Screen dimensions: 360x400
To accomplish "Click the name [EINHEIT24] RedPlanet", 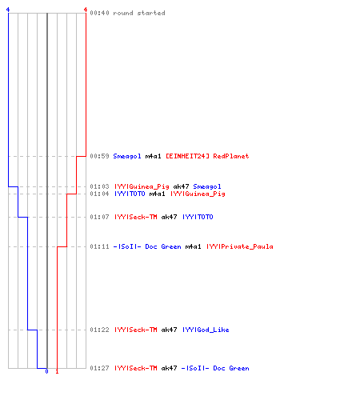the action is tap(207, 156).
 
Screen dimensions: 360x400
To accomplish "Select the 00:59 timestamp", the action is tap(99, 156).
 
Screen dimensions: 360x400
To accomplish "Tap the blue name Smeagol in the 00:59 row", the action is tap(127, 156).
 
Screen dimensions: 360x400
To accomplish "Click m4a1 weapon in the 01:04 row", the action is tap(157, 194).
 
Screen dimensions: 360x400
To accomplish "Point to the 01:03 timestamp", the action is tap(99, 186).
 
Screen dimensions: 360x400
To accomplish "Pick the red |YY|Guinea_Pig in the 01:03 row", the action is tap(142, 186).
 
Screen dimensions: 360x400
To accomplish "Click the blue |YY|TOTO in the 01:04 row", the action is tap(130, 194).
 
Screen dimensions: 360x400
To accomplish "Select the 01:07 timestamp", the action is tap(99, 217).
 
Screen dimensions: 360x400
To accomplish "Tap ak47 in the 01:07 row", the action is tap(169, 217).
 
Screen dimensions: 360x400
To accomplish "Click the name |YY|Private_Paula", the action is tap(240, 246).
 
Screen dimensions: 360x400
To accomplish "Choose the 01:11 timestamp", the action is tap(99, 246).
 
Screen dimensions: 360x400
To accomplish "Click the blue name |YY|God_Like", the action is tap(206, 330).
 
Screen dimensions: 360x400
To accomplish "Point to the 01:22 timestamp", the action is tap(99, 330).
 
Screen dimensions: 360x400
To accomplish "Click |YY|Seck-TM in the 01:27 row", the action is tap(136, 368).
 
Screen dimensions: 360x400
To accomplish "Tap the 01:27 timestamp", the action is tap(99, 368).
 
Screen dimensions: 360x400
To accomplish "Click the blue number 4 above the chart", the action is tap(8, 10).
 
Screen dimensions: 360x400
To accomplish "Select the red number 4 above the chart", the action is tap(86, 10).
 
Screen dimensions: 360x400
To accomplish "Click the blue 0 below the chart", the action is tap(47, 371).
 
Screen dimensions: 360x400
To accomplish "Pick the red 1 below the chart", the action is tap(57, 371).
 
